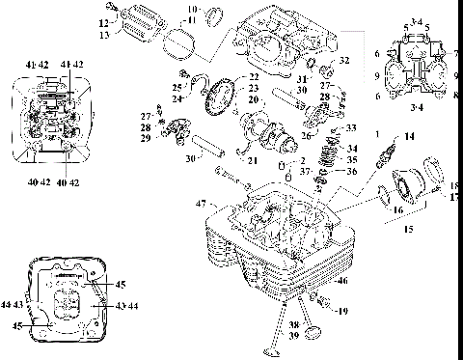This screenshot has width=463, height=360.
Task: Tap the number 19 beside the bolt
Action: pyautogui.click(x=344, y=311)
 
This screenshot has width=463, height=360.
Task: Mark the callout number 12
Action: pyautogui.click(x=102, y=22)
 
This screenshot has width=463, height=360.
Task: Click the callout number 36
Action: pyautogui.click(x=352, y=173)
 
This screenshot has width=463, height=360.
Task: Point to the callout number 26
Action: pyautogui.click(x=305, y=134)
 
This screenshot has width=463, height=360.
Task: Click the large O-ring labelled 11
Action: pyautogui.click(x=175, y=41)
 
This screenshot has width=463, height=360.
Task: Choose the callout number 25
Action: pyautogui.click(x=179, y=75)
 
